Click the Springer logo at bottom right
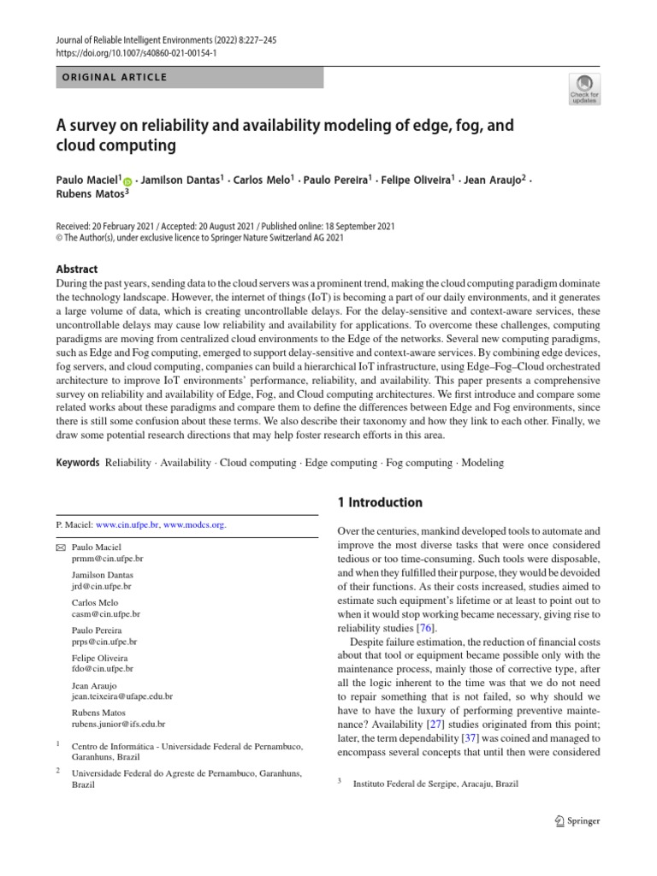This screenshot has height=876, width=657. point(577,821)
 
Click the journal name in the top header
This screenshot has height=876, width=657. point(137,38)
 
